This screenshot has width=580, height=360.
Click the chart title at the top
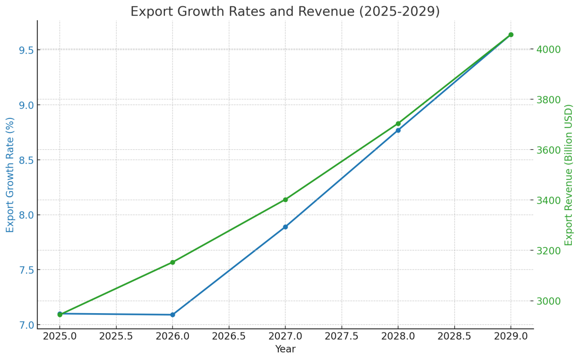tap(285, 12)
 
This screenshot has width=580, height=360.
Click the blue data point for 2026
tap(173, 315)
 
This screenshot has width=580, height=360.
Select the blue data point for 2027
tap(285, 227)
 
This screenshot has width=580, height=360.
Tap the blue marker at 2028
tap(398, 130)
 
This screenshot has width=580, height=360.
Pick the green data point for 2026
tap(173, 262)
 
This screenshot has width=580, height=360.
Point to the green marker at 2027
tap(285, 200)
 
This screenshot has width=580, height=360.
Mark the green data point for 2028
tap(398, 124)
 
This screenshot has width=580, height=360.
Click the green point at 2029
tap(511, 35)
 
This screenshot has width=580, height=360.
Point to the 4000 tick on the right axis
tap(549, 50)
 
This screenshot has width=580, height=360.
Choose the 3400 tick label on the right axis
tap(549, 201)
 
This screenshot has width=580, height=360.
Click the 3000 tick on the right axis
tap(549, 301)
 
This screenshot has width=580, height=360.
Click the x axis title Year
tap(285, 349)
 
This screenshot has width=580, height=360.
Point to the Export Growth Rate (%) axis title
tap(10, 175)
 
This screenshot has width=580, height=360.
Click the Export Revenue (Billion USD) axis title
tap(569, 175)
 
